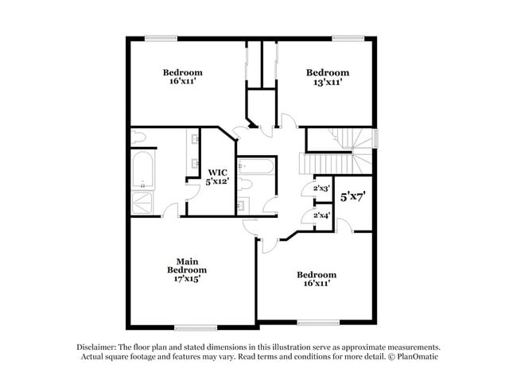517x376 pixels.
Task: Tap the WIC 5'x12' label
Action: pos(217,176)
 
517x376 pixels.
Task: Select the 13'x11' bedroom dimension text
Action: pos(328,82)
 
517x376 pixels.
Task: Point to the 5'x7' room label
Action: pos(353,196)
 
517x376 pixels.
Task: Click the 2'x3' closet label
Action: pos(322,188)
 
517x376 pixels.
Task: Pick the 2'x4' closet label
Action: pos(322,215)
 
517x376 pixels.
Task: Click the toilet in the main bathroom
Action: pos(138,138)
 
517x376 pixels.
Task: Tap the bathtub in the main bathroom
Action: pos(142,169)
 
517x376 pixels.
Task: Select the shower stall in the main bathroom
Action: pos(142,204)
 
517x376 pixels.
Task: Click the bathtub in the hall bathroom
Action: pos(256,166)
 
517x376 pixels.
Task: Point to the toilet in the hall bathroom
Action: pos(245,184)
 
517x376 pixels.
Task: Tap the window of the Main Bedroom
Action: pos(196,328)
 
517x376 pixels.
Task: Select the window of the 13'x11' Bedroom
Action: pos(348,39)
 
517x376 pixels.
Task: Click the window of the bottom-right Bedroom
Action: pos(318,323)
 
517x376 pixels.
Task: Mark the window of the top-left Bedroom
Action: pos(161,39)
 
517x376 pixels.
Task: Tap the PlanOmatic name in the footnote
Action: pos(418,356)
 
